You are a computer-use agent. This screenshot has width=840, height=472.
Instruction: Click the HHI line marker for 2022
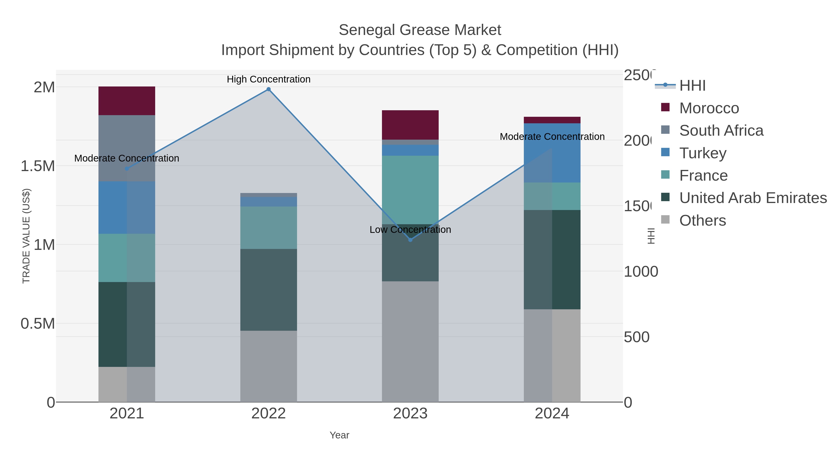point(268,89)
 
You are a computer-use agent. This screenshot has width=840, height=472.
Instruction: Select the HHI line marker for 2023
point(410,240)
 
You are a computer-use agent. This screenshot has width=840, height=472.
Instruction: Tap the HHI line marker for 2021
point(127,169)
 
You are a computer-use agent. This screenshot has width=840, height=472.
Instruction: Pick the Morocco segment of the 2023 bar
point(410,125)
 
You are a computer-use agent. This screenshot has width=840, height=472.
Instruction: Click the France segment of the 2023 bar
point(410,190)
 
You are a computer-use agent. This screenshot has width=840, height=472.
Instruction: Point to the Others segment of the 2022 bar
point(268,366)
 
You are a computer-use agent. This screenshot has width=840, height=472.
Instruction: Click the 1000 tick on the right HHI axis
point(640,272)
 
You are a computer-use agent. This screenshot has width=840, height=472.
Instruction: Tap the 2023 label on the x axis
point(410,414)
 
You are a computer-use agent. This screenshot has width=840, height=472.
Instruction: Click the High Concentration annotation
point(268,79)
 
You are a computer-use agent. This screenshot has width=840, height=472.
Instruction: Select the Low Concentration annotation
point(410,230)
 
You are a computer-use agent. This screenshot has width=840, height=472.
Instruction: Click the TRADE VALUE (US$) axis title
point(26,236)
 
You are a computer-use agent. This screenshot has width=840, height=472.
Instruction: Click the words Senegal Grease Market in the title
point(420,30)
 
